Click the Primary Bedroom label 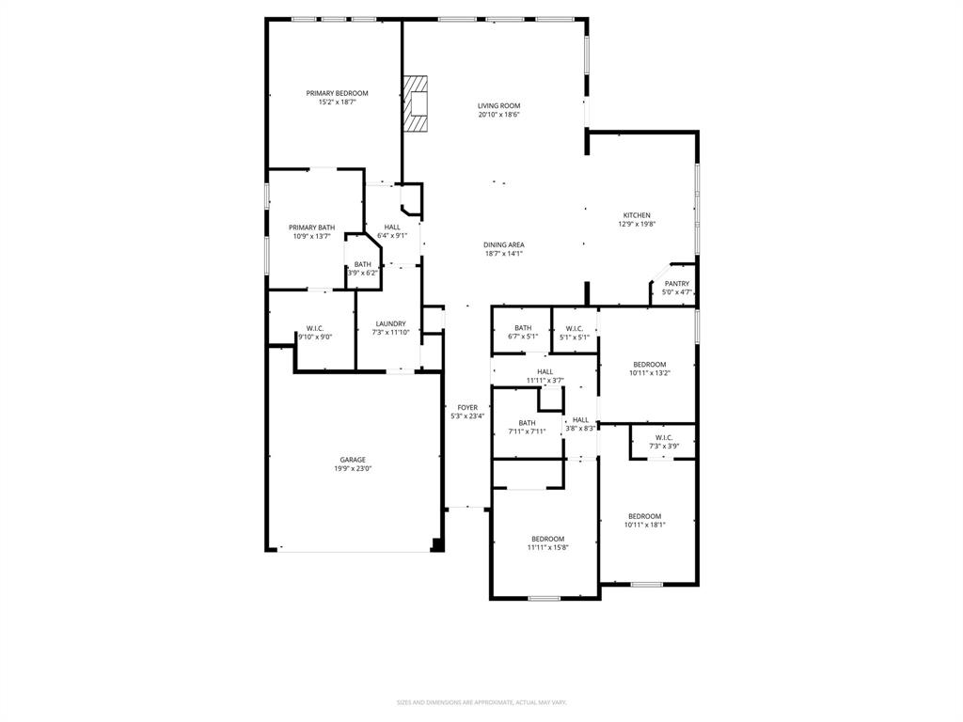pos(337,93)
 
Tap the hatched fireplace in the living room pos(417,102)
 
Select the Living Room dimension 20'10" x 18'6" pos(498,115)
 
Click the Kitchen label pos(637,215)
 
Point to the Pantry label pos(677,284)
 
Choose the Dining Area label pos(504,244)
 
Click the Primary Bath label pos(311,228)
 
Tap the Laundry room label pos(389,324)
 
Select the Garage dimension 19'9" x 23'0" pos(353,468)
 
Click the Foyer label pos(467,408)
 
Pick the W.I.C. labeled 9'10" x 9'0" pos(314,328)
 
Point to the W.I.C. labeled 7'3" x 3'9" pos(663,437)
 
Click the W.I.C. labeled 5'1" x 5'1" pos(575,328)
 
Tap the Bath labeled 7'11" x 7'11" pos(527,423)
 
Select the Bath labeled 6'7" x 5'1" pos(523,328)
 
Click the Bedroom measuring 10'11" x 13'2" pos(649,365)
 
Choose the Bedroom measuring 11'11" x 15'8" pos(547,539)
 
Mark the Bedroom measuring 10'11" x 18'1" pos(645,516)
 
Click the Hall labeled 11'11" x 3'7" pos(545,372)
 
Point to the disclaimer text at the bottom pos(481,702)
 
